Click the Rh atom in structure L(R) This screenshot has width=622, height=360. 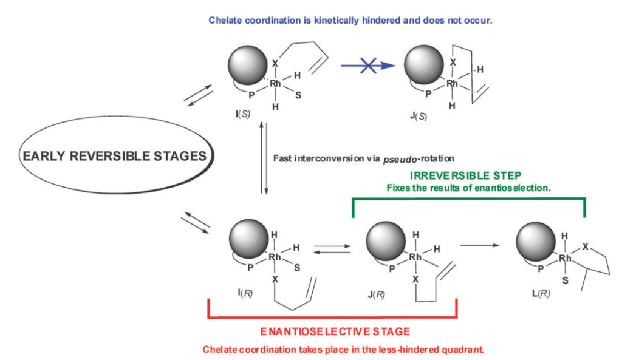coord(565,259)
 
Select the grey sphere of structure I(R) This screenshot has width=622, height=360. coord(247,242)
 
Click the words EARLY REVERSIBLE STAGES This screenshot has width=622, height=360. coord(114,156)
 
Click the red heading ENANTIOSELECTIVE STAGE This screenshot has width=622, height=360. coord(335,331)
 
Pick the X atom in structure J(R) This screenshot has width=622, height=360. coord(415,280)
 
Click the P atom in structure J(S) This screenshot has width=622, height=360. coord(428,94)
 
